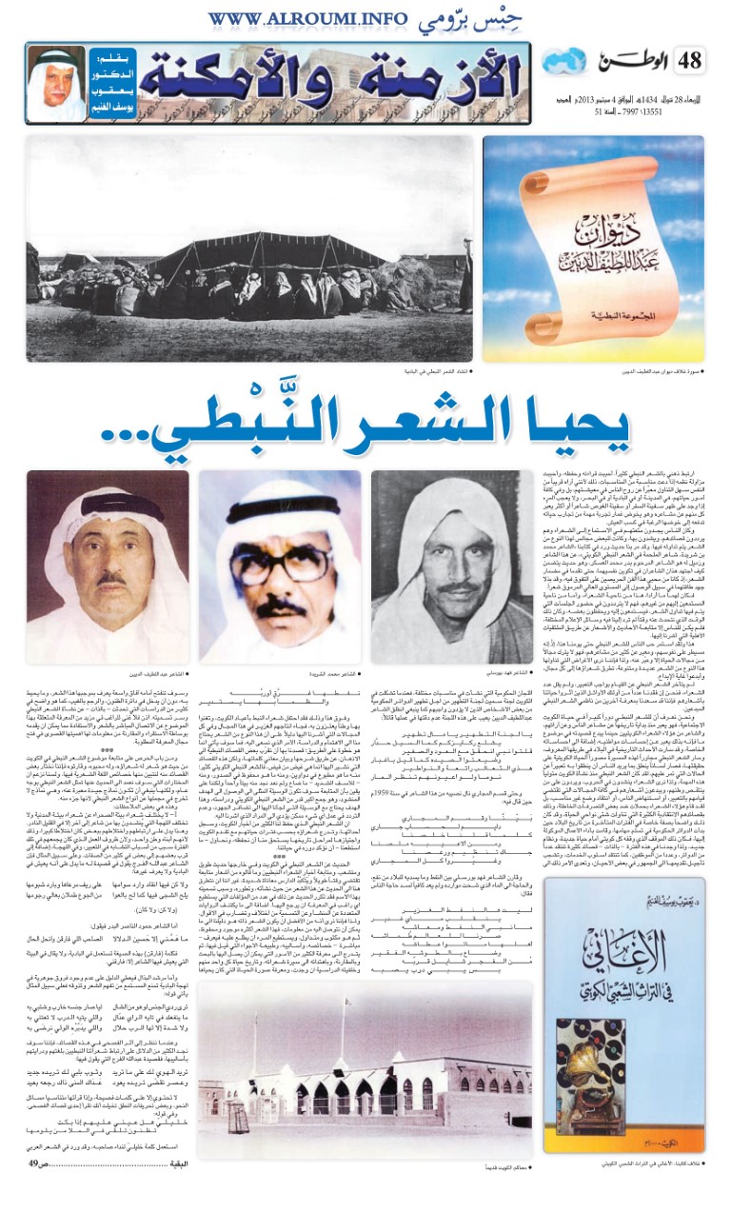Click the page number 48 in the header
coord(691,62)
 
